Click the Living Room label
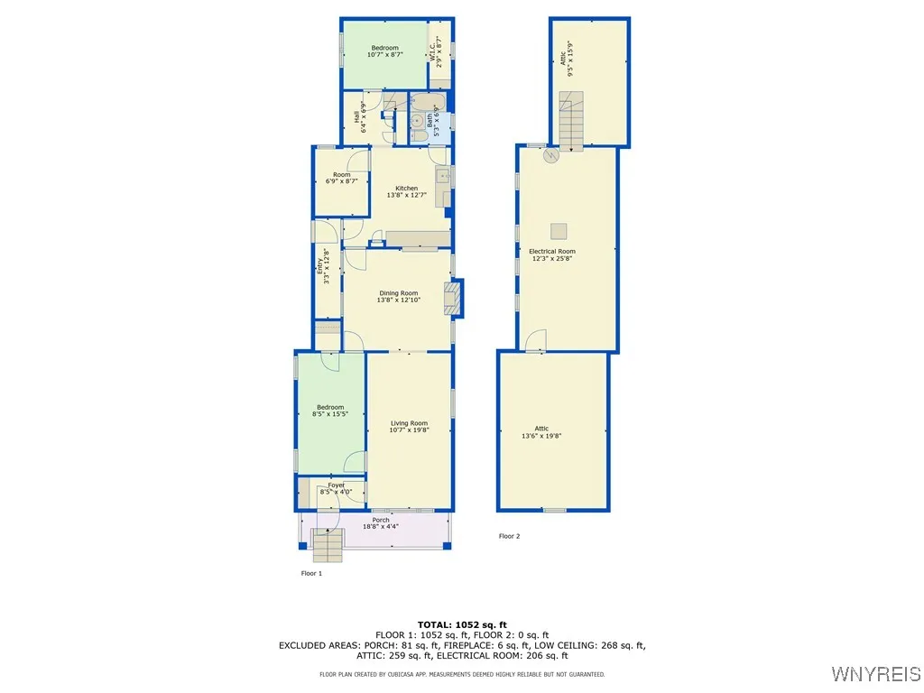click(x=409, y=427)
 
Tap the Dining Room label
click(x=398, y=296)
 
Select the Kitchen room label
click(x=406, y=191)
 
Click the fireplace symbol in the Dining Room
click(x=453, y=298)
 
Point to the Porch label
click(x=381, y=523)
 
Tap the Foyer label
click(x=337, y=488)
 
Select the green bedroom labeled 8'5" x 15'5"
click(x=329, y=411)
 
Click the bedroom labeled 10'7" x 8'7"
click(x=384, y=51)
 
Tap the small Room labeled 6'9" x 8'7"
click(x=341, y=178)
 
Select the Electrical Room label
click(x=551, y=254)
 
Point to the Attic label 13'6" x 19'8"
click(x=541, y=432)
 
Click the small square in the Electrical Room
click(x=559, y=228)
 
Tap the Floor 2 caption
click(x=510, y=536)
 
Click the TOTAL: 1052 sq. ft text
click(x=462, y=624)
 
